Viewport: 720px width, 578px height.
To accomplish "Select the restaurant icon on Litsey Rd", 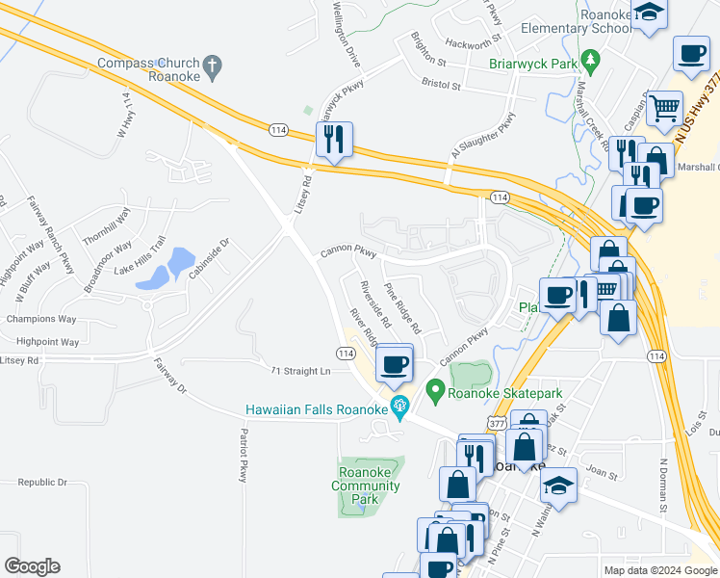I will point(334,139).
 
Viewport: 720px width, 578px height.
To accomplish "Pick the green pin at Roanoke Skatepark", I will point(435,391).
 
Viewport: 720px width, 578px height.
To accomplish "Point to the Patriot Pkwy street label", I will point(243,456).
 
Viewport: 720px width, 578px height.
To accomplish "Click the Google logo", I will point(32,566).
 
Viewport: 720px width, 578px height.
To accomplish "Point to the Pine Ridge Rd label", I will point(402,308).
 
